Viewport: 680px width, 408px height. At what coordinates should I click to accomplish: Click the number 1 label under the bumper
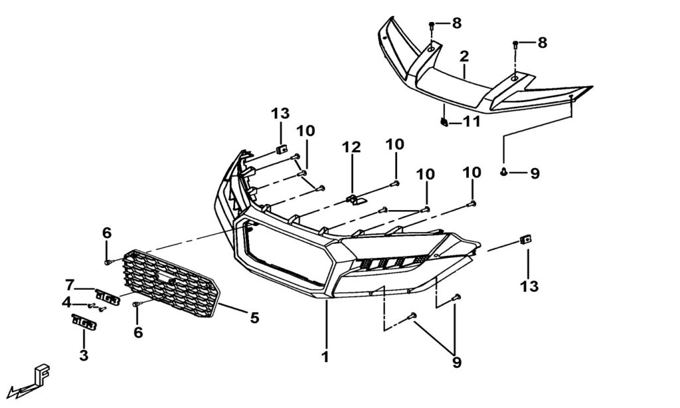tap(325, 357)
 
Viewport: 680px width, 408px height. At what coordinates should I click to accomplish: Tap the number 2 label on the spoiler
tap(464, 55)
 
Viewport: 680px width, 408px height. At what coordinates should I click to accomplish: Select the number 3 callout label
tap(83, 356)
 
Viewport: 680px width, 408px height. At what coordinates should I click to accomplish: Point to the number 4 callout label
tap(66, 302)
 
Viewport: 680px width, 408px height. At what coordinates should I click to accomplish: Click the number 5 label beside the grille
tap(254, 318)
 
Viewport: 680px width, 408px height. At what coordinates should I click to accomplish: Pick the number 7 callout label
tap(70, 285)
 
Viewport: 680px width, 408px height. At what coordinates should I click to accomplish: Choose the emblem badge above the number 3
tap(84, 322)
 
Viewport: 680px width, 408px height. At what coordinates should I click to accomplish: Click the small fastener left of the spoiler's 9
tap(505, 173)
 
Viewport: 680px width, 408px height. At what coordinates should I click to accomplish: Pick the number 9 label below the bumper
tap(457, 363)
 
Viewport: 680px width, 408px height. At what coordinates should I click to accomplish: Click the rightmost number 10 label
tap(471, 171)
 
